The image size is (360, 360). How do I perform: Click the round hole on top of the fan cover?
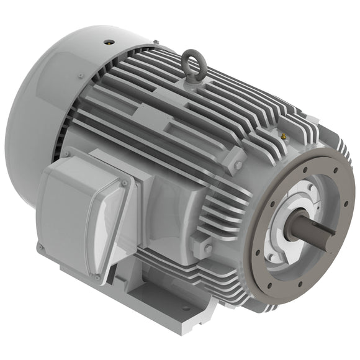[109, 42]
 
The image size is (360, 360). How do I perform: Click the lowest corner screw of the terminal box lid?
[97, 277]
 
